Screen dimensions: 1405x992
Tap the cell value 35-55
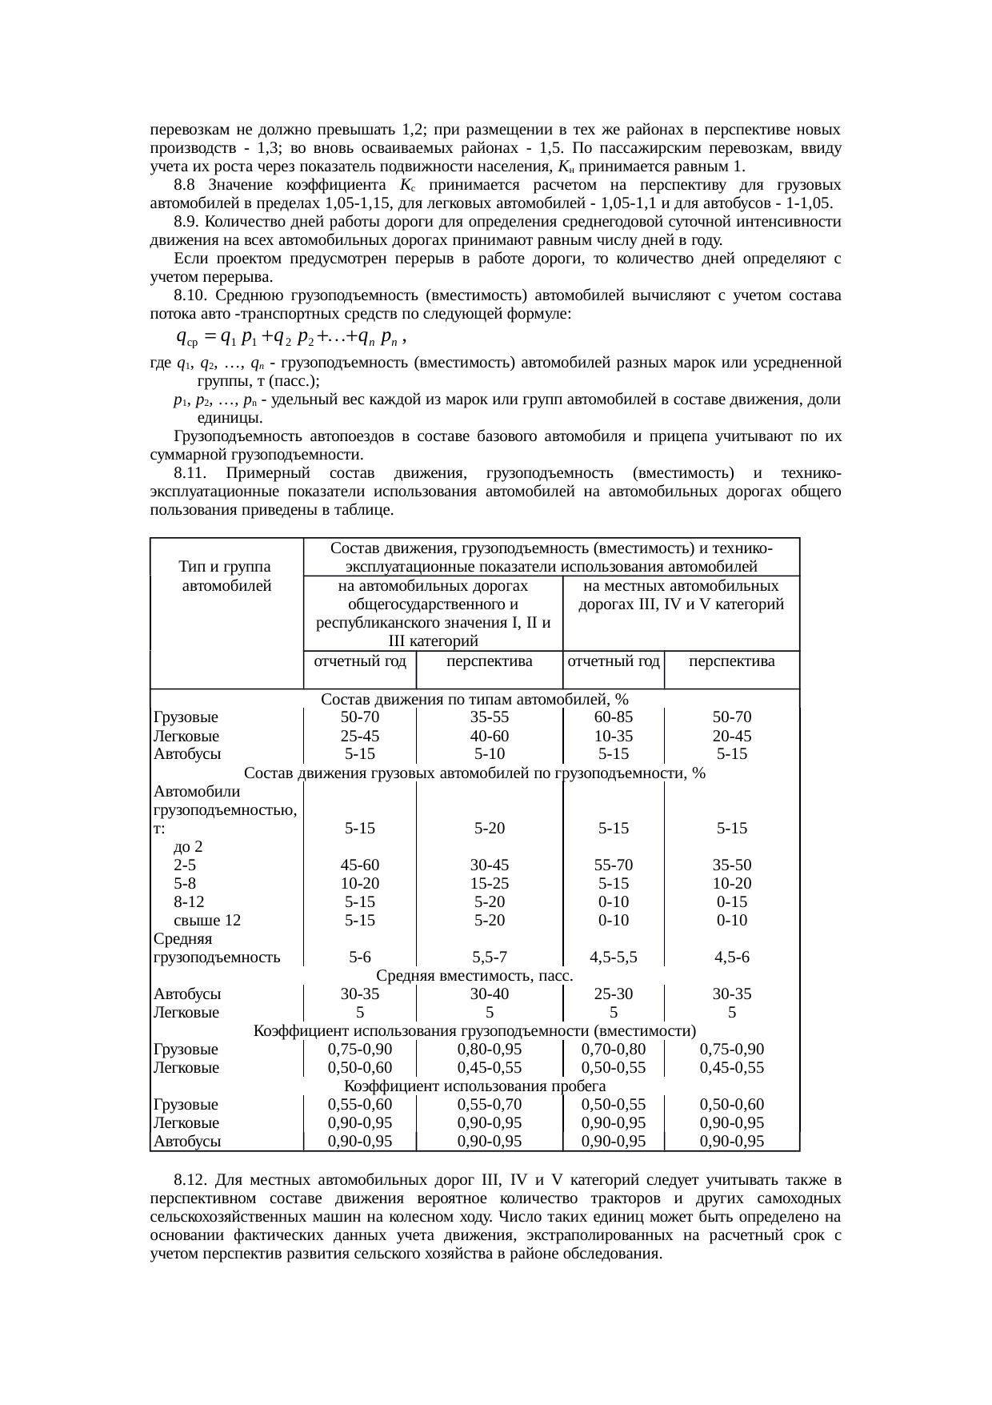(490, 717)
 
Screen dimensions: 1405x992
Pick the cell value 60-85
(614, 717)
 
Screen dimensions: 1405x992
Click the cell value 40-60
(490, 736)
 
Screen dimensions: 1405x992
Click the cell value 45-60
(360, 865)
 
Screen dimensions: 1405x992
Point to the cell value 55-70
(614, 865)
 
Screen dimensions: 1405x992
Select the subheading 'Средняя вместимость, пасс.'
(474, 976)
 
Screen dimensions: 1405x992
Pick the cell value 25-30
(614, 994)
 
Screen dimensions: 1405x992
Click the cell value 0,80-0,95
(490, 1050)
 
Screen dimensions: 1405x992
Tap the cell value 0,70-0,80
(614, 1050)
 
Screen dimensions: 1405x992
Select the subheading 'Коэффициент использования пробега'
(474, 1086)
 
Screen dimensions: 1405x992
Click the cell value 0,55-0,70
(490, 1105)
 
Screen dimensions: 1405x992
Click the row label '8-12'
(189, 902)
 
